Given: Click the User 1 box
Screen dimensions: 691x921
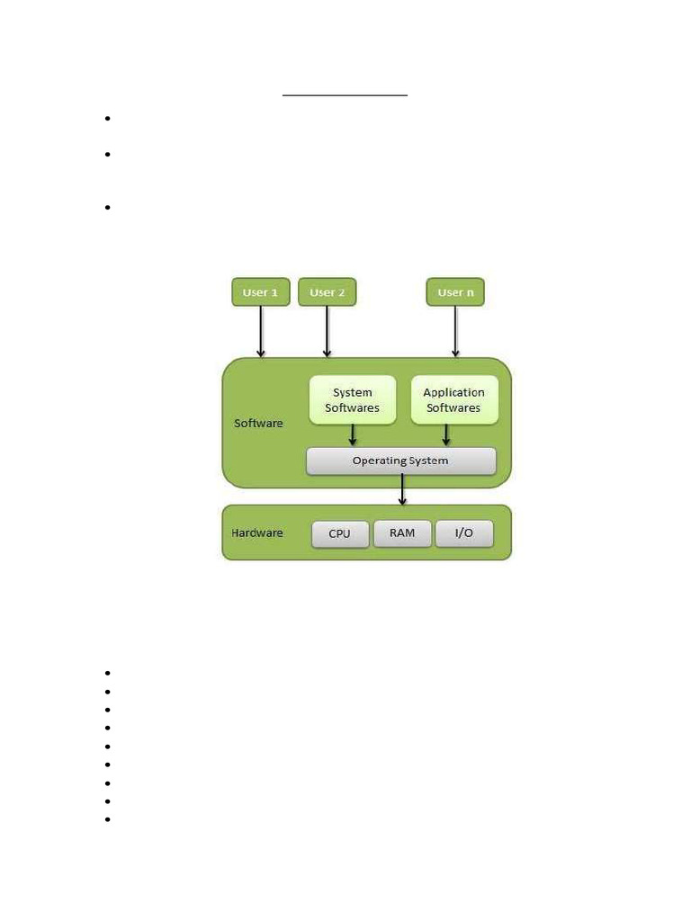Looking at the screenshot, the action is pos(261,292).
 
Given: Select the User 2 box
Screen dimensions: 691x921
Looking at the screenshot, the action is pos(328,292).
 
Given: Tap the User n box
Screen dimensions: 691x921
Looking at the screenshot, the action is pos(455,292).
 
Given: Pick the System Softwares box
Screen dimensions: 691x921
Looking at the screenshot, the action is pos(353,400).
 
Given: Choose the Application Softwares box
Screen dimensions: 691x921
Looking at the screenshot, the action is pos(454,400).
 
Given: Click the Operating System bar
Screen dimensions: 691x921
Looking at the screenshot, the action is pos(401,461).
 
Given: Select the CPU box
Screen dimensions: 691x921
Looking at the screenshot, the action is pos(340,534).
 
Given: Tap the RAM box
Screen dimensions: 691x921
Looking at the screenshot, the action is pos(402,533).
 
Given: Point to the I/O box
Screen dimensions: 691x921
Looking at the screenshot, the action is pos(464,533).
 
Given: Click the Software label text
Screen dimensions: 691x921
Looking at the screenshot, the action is pos(258,423).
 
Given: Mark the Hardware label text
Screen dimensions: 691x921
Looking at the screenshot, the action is pos(256,532).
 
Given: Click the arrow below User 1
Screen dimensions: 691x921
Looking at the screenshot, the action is pos(261,332).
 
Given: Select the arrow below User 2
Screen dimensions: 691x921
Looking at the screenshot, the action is pos(328,332).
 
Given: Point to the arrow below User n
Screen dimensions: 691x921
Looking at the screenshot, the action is pos(455,332).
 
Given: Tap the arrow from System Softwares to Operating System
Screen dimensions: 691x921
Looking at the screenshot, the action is pos(353,435).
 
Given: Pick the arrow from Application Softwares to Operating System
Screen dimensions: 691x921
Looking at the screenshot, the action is pos(446,435).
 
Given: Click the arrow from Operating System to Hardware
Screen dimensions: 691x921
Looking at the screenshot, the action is pos(402,490).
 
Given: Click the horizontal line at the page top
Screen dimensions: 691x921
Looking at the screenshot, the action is pos(345,94).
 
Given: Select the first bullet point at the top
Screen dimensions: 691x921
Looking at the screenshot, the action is pos(108,119).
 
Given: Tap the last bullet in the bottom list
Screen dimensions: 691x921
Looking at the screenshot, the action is pos(108,819).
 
